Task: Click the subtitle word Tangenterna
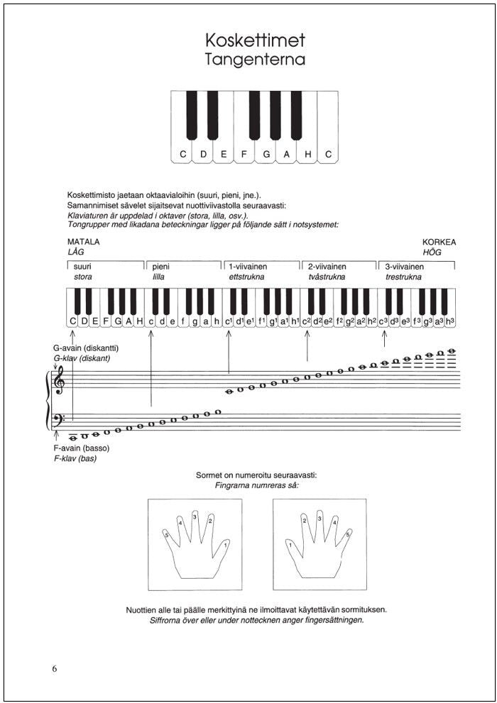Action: (x=255, y=60)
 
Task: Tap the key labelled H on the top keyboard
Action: (x=307, y=153)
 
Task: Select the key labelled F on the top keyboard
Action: (x=245, y=153)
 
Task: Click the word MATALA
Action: (x=83, y=242)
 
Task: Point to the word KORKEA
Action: (x=439, y=242)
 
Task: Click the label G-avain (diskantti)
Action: (x=85, y=348)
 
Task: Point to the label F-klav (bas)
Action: (x=75, y=459)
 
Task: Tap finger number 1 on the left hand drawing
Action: (x=225, y=545)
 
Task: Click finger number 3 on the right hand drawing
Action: (x=320, y=519)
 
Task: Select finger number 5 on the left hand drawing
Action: (x=167, y=536)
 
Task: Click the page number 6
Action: (x=55, y=669)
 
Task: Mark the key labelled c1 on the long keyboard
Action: (x=229, y=322)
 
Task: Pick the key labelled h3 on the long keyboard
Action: (x=450, y=322)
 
